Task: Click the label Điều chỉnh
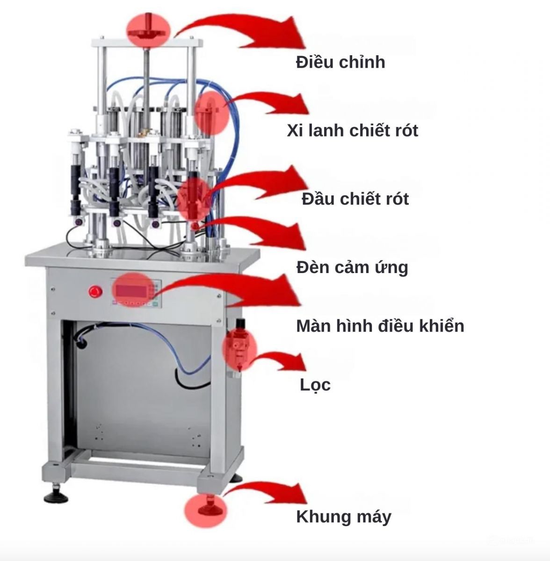coord(340,63)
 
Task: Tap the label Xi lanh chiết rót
coord(353,130)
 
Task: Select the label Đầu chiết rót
coord(355,199)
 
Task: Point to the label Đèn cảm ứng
coord(352,267)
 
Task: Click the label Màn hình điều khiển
coord(380,325)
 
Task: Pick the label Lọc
coord(315,385)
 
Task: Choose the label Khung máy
coord(344,517)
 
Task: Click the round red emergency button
coord(95,292)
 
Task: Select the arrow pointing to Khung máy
coord(265,491)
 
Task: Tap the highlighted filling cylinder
coord(209,114)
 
